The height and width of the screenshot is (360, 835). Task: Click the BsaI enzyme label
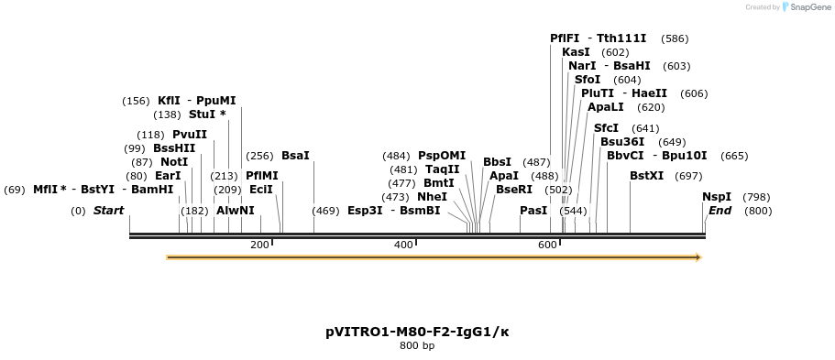[x=295, y=156]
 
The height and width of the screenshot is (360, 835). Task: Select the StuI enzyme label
[x=203, y=115]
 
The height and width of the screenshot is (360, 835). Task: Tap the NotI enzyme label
[x=174, y=162]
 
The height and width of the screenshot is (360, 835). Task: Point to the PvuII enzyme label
[x=190, y=135]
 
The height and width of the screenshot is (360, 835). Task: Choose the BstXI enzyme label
[x=646, y=176]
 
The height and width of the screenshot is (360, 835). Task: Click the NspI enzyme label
[x=717, y=197]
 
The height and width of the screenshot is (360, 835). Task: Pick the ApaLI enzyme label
[x=606, y=107]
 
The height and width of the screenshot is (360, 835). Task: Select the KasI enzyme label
[x=576, y=52]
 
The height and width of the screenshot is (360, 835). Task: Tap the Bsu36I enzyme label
[x=622, y=142]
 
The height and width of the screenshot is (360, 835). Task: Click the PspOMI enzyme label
[x=442, y=156]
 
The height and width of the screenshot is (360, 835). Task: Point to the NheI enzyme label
[x=432, y=197]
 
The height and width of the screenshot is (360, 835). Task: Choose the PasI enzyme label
[x=533, y=211]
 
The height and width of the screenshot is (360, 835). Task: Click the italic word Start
[x=108, y=211]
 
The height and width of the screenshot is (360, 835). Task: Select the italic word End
[x=720, y=211]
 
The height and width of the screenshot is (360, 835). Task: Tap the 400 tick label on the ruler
[x=403, y=245]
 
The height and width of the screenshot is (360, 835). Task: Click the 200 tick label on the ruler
[x=259, y=245]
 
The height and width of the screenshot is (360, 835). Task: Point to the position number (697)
[x=687, y=176]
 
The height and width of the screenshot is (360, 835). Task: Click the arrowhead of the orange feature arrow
[x=698, y=257]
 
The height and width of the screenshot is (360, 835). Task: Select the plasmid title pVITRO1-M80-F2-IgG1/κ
[x=417, y=332]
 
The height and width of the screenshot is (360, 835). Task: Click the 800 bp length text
[x=417, y=346]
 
